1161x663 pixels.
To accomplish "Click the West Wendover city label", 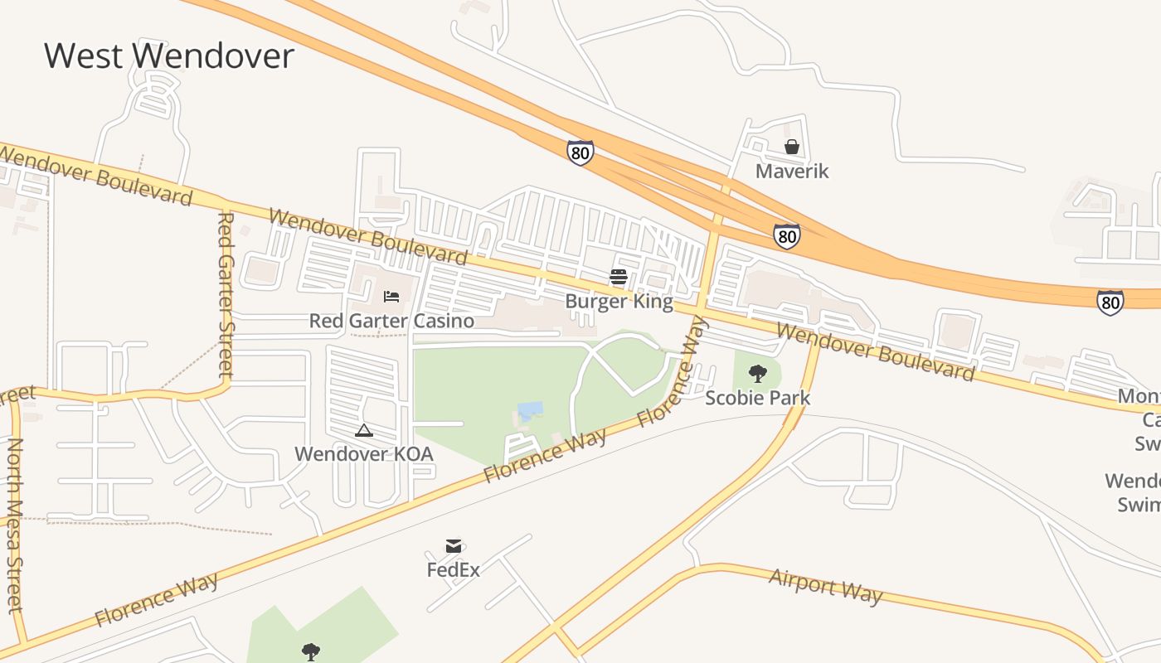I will (x=169, y=56).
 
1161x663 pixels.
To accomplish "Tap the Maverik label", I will (x=792, y=172).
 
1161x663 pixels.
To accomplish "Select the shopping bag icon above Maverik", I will (x=792, y=148).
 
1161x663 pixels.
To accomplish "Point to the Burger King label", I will (x=619, y=301).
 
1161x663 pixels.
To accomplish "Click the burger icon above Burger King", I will (x=618, y=277).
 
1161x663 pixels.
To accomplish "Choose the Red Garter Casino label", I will (x=391, y=321).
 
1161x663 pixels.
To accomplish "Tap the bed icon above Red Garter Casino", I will (x=391, y=296).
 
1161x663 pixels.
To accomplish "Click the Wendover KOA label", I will (x=364, y=454).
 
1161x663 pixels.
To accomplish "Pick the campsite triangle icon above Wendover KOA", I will (x=363, y=430).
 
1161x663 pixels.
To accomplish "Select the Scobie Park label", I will (x=757, y=398).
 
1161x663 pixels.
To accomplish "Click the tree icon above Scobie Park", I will (x=757, y=373).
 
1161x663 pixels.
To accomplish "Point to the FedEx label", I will (x=453, y=570).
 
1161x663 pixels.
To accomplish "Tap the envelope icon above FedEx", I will (x=453, y=545).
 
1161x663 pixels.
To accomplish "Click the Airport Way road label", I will (x=826, y=586).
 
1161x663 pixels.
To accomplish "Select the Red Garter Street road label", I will (x=225, y=295).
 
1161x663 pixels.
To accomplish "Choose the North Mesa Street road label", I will (x=14, y=526).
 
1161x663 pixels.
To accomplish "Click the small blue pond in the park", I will (x=530, y=410).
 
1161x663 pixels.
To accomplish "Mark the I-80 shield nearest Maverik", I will (x=787, y=236).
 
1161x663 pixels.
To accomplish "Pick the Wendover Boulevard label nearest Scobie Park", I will (x=876, y=352).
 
